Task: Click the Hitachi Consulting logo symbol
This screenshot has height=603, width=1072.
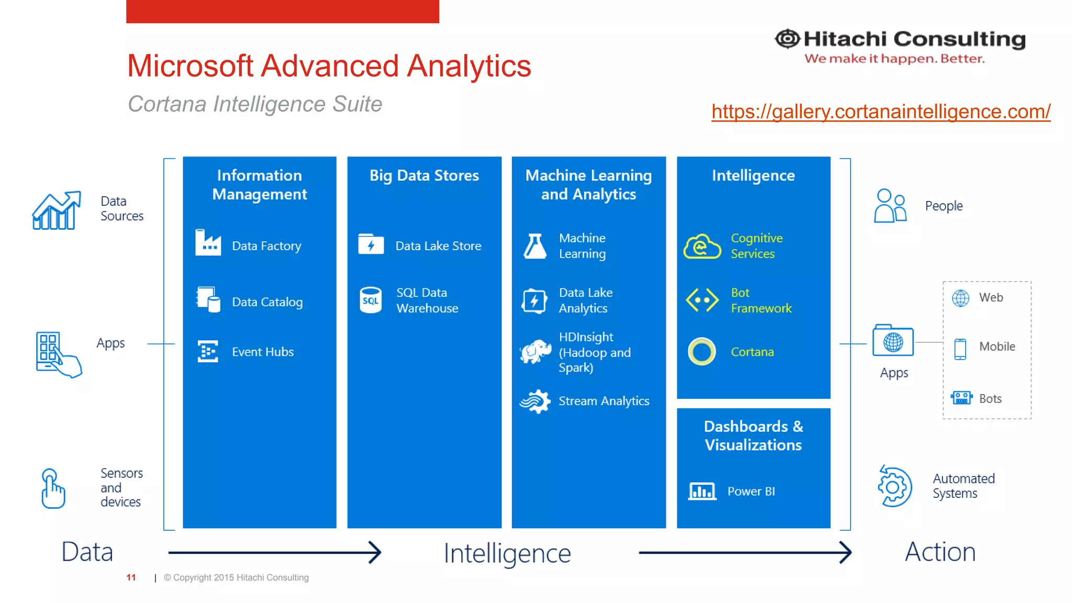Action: (x=787, y=39)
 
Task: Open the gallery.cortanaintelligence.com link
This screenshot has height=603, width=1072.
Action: (x=880, y=111)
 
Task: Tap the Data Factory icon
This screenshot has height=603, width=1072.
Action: (x=208, y=243)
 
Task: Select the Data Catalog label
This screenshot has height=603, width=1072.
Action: (x=267, y=302)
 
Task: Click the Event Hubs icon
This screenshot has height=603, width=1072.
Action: (x=208, y=351)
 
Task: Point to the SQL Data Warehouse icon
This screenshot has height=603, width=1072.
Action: (x=371, y=300)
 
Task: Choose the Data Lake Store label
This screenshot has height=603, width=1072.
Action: (x=438, y=246)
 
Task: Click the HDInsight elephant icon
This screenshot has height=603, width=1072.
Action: (x=535, y=351)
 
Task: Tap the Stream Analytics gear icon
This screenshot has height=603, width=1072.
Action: (x=535, y=401)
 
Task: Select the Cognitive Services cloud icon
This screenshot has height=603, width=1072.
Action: (x=702, y=246)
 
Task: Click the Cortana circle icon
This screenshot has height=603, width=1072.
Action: (x=701, y=351)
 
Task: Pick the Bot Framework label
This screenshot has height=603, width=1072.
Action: (x=761, y=300)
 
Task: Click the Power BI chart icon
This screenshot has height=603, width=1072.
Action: (x=702, y=492)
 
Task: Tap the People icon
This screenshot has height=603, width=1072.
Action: (x=890, y=206)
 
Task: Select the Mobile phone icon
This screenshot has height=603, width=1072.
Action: (x=960, y=349)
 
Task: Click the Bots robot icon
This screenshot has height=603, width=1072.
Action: (x=961, y=398)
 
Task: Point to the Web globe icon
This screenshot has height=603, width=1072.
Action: (x=961, y=298)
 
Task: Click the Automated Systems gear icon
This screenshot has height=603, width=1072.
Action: (x=894, y=486)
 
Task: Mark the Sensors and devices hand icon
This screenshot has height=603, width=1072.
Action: (x=53, y=488)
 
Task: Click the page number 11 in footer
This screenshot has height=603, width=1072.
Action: (x=131, y=577)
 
